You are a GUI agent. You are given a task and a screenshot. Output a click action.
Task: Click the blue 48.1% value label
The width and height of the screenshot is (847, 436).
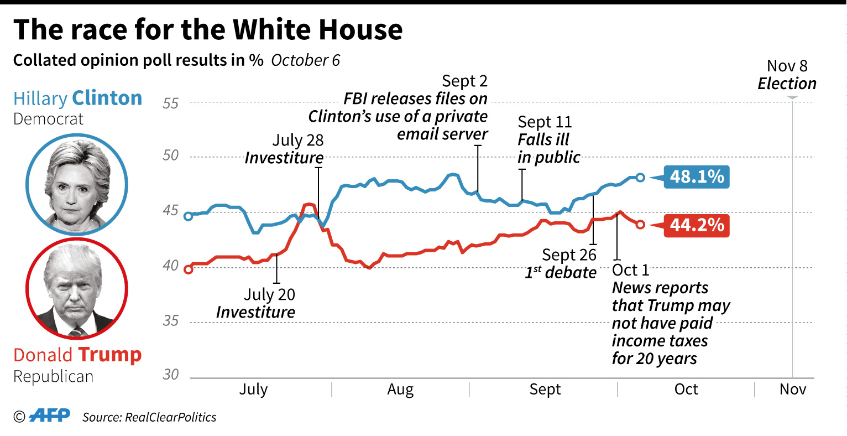696,177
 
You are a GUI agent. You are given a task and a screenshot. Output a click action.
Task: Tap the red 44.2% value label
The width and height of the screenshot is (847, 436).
696,225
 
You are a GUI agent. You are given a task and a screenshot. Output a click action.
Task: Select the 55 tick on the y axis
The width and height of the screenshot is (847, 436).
171,103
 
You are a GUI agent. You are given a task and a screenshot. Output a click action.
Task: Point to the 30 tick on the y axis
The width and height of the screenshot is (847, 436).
171,375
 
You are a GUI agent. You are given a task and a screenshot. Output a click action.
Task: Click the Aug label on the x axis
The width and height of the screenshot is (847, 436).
400,390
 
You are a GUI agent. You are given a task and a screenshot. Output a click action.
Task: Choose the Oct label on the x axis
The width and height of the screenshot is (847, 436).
686,390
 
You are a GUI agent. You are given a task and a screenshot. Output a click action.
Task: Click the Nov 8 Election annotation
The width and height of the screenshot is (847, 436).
787,75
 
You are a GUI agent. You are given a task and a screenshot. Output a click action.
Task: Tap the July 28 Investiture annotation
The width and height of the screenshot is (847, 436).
285,149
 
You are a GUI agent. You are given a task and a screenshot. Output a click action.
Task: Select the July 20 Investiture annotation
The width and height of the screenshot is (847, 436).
257,303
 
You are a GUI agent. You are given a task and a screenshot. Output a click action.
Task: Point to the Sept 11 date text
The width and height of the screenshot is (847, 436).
545,122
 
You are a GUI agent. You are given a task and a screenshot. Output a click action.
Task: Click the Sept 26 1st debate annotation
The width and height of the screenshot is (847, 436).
561,263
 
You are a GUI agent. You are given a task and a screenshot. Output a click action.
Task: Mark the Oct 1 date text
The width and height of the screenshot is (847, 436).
630,270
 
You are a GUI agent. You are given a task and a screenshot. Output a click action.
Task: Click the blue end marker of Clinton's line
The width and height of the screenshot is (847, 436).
640,178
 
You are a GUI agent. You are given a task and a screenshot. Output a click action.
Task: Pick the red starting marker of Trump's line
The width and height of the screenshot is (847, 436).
188,269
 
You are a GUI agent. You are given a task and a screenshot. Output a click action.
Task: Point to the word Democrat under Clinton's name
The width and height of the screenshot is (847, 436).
49,119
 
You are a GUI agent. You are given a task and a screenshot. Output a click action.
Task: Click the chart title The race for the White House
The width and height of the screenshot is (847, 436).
208,29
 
